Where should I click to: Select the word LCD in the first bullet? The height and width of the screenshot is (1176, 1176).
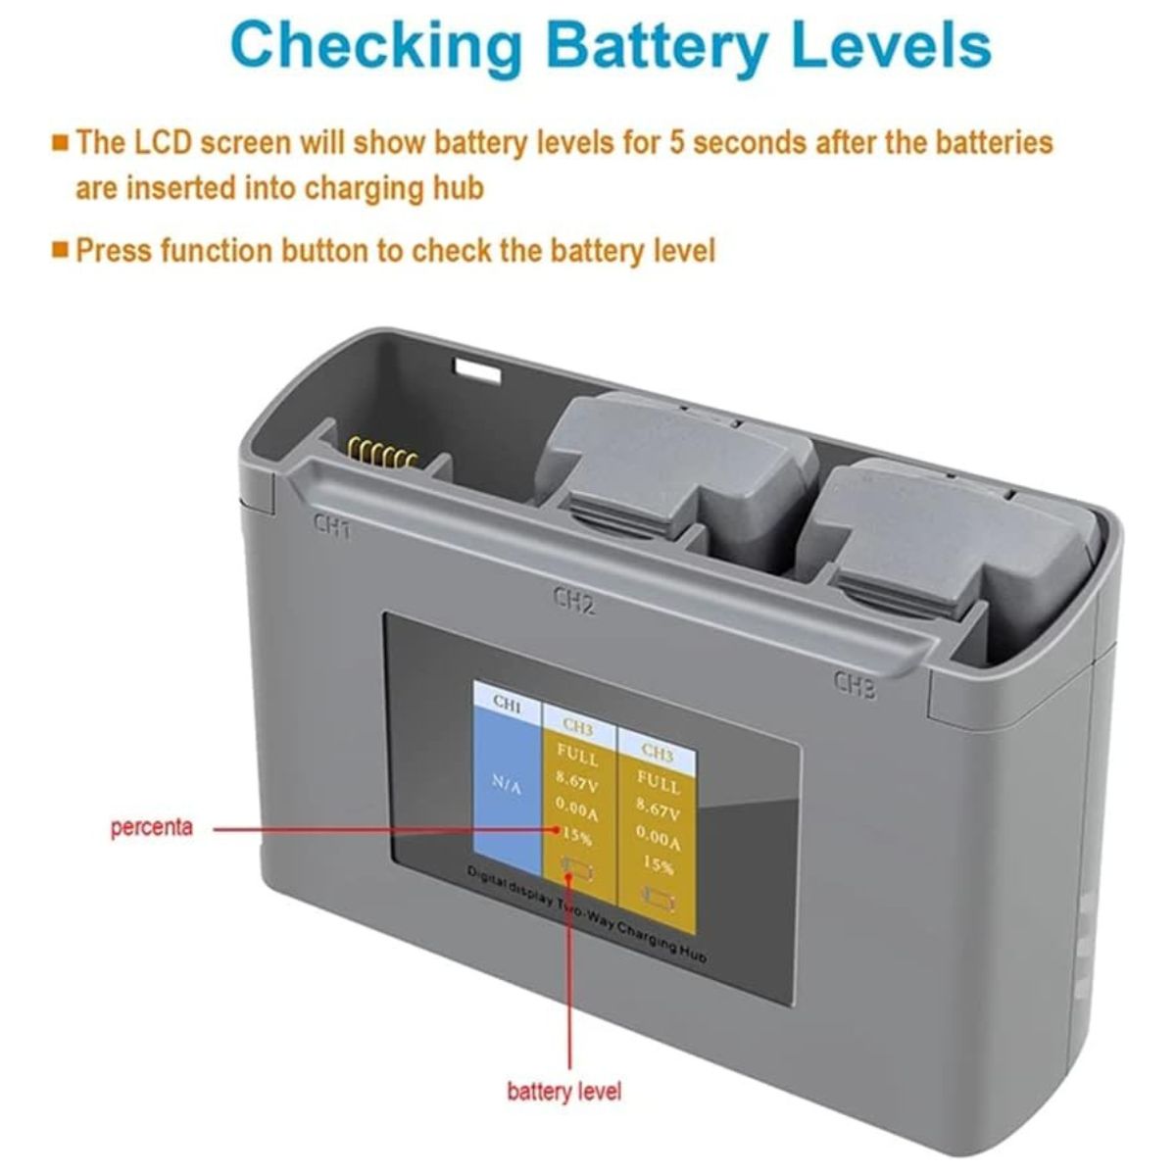tap(166, 142)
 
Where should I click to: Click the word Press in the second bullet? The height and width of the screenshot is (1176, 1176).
tap(114, 251)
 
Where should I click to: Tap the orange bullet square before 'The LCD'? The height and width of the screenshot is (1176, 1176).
tap(60, 142)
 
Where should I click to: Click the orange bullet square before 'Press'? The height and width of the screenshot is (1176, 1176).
tap(60, 250)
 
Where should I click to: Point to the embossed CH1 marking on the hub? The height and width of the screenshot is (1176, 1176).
tap(331, 526)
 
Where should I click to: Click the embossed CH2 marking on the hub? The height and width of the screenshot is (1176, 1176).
tap(573, 601)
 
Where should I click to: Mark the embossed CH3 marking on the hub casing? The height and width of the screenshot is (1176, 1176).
tap(855, 685)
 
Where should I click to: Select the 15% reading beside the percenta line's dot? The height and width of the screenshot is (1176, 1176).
tap(576, 836)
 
